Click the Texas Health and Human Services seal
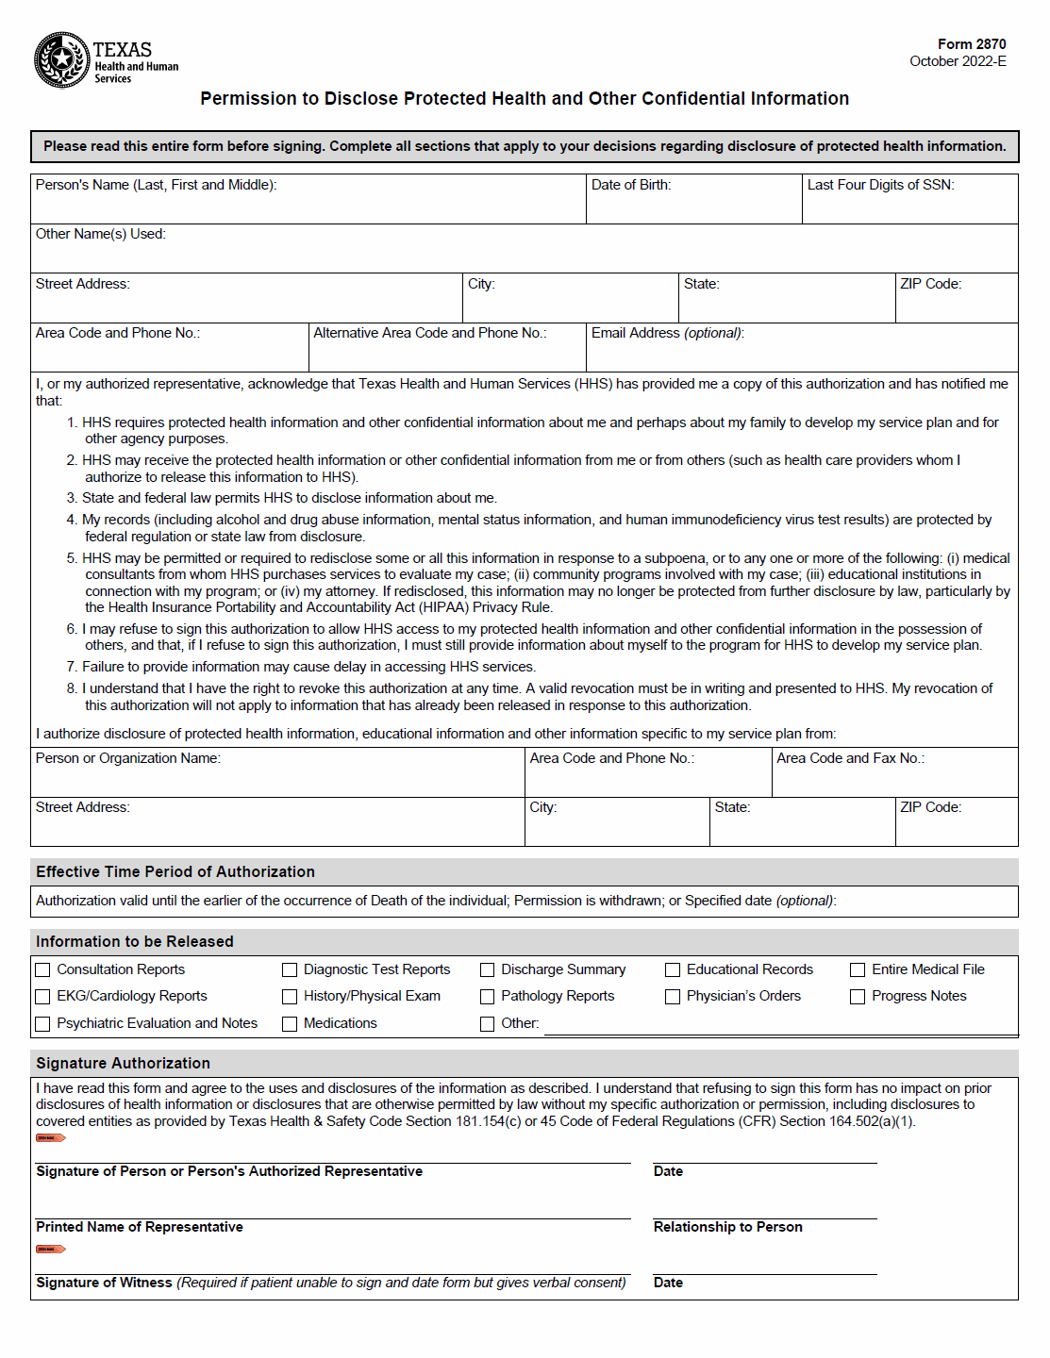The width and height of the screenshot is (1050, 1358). (x=62, y=60)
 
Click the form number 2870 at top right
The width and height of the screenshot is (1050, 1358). (x=971, y=44)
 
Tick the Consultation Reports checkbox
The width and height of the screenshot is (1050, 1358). (x=42, y=969)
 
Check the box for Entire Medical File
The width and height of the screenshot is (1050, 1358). (x=858, y=969)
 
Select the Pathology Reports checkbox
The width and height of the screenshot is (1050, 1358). (x=487, y=997)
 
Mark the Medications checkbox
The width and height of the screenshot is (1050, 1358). (x=290, y=1023)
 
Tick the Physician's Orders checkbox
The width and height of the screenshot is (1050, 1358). (x=673, y=997)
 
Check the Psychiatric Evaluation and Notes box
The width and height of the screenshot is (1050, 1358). (x=42, y=1023)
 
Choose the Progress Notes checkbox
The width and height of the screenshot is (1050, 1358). (x=858, y=997)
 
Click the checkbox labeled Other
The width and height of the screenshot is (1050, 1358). (x=487, y=1023)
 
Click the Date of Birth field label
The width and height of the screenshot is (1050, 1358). (x=631, y=185)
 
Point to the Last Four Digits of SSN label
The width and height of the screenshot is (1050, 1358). (x=880, y=185)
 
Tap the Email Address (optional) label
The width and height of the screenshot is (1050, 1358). (x=667, y=333)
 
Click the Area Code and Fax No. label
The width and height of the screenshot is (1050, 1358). (x=850, y=758)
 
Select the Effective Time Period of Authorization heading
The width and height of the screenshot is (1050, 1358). (x=175, y=871)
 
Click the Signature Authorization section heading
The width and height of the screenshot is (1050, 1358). (x=123, y=1063)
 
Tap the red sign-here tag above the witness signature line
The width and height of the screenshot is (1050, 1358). (x=50, y=1250)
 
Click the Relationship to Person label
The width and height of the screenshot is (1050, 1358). (x=727, y=1227)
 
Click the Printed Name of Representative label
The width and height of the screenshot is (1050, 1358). (x=140, y=1227)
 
